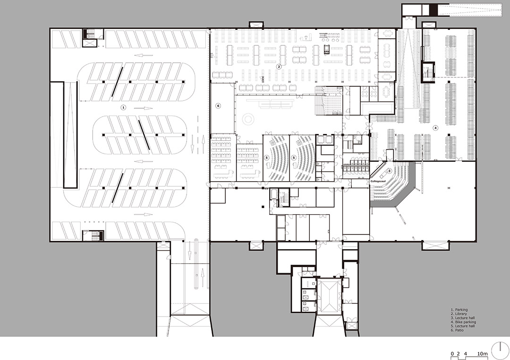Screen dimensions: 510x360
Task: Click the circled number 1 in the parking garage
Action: [123, 107]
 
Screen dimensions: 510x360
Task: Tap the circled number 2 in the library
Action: [279, 67]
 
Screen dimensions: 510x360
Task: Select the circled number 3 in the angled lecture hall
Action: [389, 171]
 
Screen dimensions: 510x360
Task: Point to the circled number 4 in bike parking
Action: [435, 128]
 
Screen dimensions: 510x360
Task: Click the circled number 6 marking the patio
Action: [218, 106]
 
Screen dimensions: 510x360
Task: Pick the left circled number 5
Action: [267, 158]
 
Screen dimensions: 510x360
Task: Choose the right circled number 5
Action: [294, 158]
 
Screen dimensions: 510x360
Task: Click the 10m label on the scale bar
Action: [483, 353]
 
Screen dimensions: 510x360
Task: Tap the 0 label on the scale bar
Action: [452, 353]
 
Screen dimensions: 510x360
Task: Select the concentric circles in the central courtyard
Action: [248, 118]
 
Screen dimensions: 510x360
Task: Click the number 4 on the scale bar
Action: [466, 353]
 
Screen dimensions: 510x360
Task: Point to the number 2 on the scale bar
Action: [459, 353]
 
